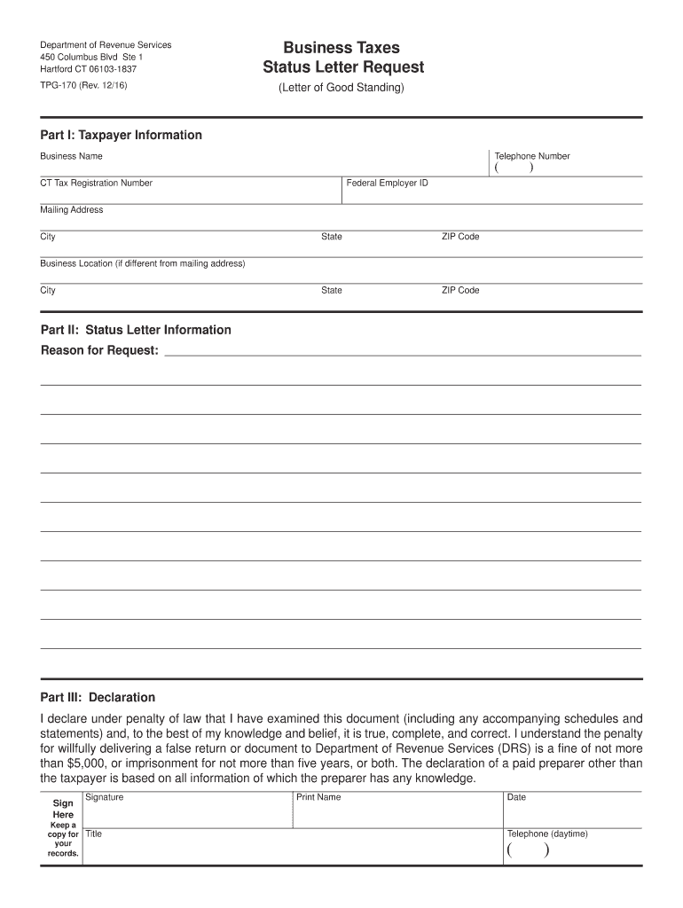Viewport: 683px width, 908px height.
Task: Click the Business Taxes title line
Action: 341,48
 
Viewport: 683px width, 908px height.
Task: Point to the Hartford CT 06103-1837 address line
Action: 88,68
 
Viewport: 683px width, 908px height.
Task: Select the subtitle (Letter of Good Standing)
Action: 341,88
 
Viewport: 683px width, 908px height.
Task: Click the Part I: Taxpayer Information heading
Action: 122,135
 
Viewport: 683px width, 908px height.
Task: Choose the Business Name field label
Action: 71,156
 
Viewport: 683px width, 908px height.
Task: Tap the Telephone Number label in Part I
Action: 532,156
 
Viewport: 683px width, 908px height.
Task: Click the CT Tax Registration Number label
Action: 96,183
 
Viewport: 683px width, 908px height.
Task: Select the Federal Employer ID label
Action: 387,183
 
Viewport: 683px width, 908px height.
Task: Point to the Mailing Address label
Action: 71,210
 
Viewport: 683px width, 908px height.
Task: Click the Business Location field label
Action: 142,263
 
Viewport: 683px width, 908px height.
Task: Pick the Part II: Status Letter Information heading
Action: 136,330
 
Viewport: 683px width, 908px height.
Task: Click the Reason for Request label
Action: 99,350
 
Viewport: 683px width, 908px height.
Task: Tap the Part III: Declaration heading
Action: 98,697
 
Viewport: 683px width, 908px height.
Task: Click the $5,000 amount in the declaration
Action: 90,763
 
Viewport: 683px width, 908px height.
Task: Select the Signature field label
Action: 104,797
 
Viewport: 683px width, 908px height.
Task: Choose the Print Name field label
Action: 318,797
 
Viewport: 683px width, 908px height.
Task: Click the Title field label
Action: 93,834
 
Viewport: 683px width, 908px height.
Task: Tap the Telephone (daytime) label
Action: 547,834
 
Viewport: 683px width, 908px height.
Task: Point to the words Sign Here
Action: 63,808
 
